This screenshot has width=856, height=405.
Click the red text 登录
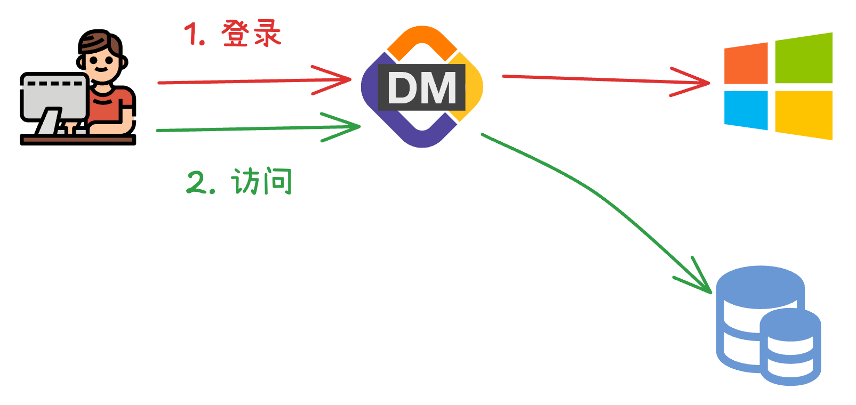(251, 34)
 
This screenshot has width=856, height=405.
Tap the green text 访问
(262, 182)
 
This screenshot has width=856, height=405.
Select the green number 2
(197, 182)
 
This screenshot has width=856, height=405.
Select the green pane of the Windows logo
(803, 58)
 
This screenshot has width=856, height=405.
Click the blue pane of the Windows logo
(746, 109)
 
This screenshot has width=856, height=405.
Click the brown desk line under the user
(78, 140)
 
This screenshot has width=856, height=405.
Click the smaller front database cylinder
(790, 346)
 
